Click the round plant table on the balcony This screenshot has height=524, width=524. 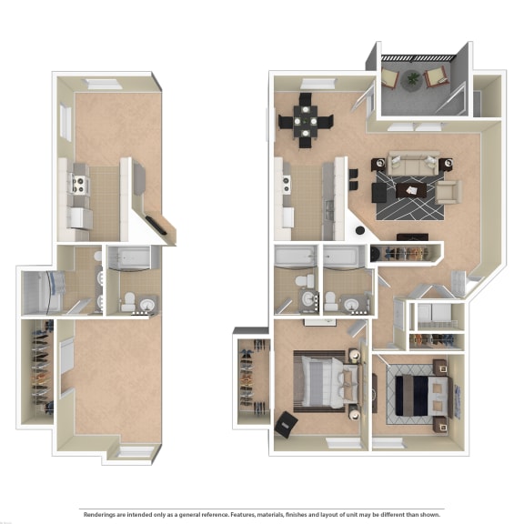415,78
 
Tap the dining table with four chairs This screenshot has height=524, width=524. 305,119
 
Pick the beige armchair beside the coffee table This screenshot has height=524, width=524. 448,191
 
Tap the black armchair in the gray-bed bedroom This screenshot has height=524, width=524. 287,424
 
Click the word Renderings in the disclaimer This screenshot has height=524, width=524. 102,513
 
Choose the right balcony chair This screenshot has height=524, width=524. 436,77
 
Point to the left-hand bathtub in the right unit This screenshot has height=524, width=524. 296,257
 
